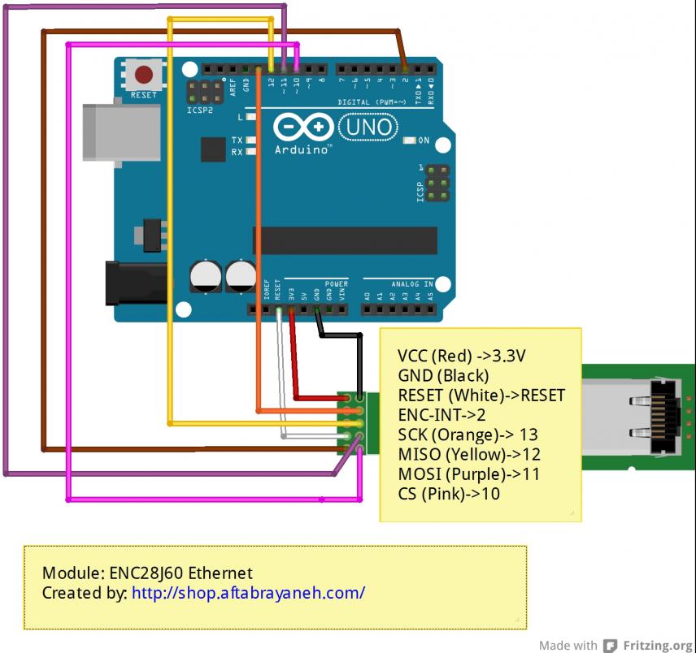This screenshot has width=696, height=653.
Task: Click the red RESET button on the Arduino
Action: tap(145, 76)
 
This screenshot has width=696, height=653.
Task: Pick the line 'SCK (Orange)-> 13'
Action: tap(468, 435)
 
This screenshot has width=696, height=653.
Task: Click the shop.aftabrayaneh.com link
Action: tap(248, 592)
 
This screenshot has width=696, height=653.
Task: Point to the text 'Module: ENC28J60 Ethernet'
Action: tap(147, 573)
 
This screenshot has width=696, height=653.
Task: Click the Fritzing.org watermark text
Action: tap(657, 646)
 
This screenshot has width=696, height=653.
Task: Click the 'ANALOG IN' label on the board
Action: tap(411, 283)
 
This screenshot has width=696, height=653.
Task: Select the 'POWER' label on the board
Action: tap(336, 283)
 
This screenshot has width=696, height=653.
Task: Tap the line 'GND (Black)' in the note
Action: tap(443, 375)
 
